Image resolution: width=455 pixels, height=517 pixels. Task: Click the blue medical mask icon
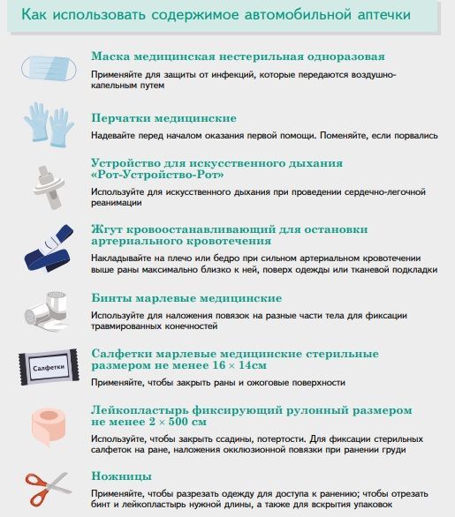pyautogui.click(x=49, y=68)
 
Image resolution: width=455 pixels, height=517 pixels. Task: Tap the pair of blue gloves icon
pyautogui.click(x=49, y=124)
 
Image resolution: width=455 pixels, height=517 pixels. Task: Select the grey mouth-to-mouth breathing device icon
pyautogui.click(x=49, y=188)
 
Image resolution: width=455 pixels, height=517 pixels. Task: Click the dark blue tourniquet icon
pyautogui.click(x=49, y=248)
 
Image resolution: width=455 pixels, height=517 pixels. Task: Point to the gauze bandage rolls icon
pyautogui.click(x=47, y=311)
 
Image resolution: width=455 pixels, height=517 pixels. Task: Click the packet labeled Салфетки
pyautogui.click(x=49, y=367)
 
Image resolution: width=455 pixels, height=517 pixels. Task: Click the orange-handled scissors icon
pyautogui.click(x=49, y=490)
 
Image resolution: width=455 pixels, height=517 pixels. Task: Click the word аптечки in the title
pyautogui.click(x=384, y=15)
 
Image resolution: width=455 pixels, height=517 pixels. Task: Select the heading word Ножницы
pyautogui.click(x=122, y=476)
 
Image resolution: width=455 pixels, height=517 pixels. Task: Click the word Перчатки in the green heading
pyautogui.click(x=120, y=118)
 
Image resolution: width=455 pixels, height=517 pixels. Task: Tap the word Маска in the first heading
pyautogui.click(x=110, y=56)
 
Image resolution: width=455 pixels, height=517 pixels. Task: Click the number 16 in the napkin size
pyautogui.click(x=219, y=365)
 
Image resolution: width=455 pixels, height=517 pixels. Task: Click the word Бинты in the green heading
pyautogui.click(x=111, y=298)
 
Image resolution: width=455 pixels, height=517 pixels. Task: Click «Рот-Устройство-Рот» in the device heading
pyautogui.click(x=157, y=175)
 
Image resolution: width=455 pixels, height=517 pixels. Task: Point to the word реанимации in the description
pyautogui.click(x=117, y=203)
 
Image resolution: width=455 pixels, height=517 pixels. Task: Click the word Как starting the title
pyautogui.click(x=34, y=14)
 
